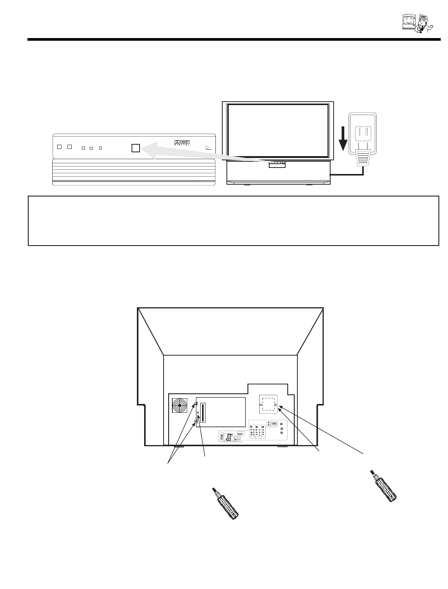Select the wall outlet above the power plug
[x=363, y=134]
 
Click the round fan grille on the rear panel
[x=180, y=405]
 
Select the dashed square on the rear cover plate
[x=270, y=404]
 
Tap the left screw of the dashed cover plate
[x=261, y=404]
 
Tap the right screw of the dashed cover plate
[x=280, y=404]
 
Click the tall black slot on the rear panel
[x=202, y=413]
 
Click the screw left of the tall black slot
[x=198, y=413]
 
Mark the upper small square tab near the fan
[x=196, y=404]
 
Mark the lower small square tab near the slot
[x=196, y=421]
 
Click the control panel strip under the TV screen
[x=277, y=164]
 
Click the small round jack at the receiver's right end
[x=208, y=147]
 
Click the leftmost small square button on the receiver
[x=59, y=147]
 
